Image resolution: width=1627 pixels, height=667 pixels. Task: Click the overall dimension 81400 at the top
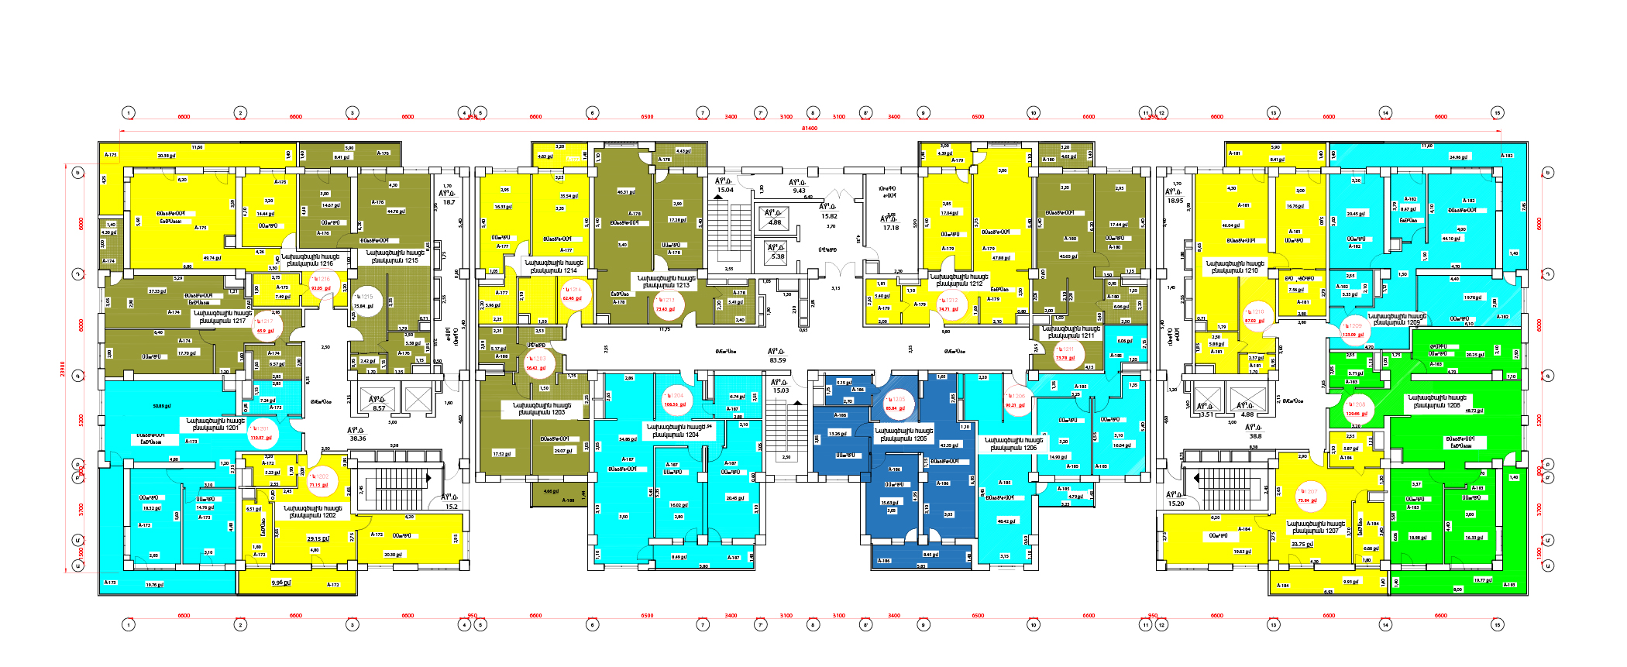coord(809,128)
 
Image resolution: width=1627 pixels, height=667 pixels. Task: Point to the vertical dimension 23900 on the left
coord(63,369)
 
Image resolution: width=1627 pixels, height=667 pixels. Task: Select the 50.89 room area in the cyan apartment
coord(161,406)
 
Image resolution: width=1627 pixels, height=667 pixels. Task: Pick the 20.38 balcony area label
coord(166,156)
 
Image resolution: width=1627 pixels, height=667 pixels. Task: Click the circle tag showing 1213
coord(666,304)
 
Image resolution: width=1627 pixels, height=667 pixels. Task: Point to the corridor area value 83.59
coord(777,360)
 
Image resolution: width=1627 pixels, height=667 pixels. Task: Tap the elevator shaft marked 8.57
coord(379,407)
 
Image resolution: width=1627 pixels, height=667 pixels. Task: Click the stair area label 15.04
coord(724,189)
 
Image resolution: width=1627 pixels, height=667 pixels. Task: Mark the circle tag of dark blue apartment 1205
coord(896,404)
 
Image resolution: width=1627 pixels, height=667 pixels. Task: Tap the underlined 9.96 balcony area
coord(280,583)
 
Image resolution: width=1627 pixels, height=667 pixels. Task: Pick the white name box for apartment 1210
coord(1235,266)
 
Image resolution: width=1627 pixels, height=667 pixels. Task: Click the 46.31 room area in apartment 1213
coord(626,191)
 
